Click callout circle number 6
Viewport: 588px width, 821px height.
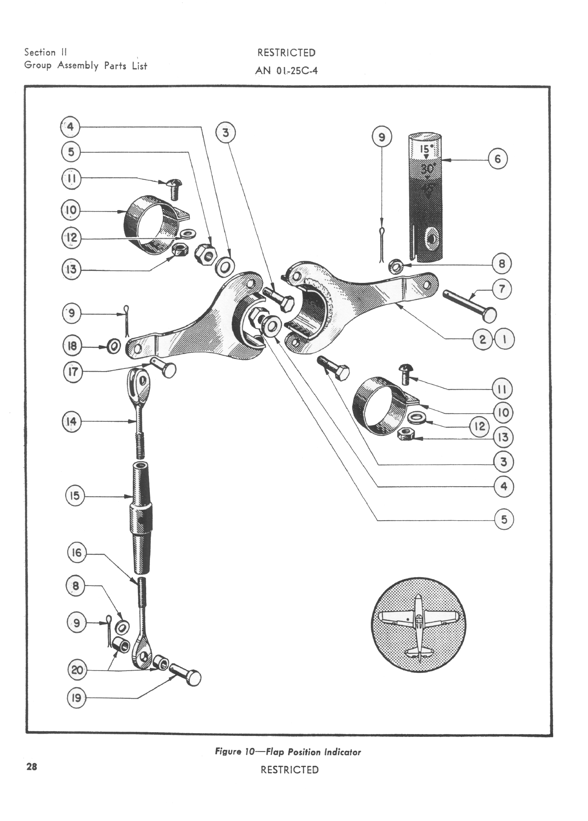[497, 159]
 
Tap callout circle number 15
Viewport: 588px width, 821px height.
[74, 496]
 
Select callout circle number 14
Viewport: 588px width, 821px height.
[72, 421]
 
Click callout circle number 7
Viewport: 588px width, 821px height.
[502, 289]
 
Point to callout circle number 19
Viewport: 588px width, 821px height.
[76, 698]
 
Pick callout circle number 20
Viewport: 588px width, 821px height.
[77, 670]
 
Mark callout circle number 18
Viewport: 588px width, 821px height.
[72, 346]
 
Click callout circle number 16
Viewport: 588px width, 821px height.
[76, 552]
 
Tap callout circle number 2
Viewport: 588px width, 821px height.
[482, 340]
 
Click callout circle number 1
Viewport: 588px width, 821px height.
[505, 340]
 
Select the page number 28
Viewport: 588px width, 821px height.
[31, 766]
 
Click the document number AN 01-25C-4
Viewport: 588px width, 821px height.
[286, 71]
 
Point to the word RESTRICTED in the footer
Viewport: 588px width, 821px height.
[289, 769]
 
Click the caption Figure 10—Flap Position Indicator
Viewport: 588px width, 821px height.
[288, 752]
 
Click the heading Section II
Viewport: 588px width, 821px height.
[46, 52]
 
